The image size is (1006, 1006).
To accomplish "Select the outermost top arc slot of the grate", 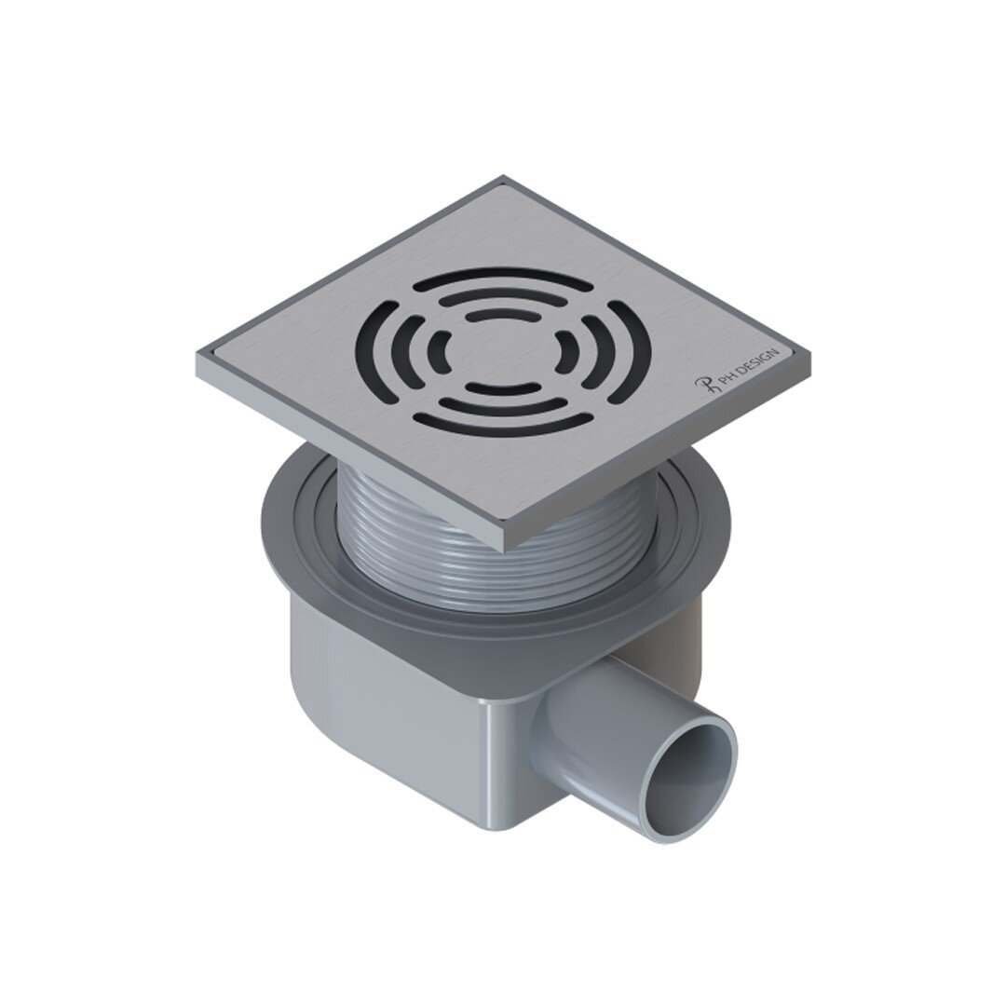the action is (x=503, y=278).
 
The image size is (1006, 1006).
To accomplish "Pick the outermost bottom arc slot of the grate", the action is (x=503, y=426).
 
